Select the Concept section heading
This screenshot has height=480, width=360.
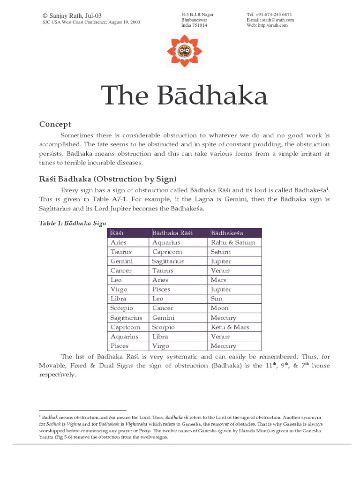click(55, 124)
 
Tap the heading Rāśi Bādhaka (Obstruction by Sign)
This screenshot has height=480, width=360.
click(107, 179)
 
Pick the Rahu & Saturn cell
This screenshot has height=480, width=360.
click(233, 242)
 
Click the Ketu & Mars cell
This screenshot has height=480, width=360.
click(230, 327)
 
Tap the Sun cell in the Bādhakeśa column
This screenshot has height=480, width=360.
click(217, 299)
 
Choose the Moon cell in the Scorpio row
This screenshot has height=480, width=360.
click(220, 308)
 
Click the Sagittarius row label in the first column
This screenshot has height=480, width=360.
click(126, 318)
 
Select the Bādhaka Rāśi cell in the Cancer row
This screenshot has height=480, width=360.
click(163, 270)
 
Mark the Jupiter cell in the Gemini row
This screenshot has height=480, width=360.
click(221, 261)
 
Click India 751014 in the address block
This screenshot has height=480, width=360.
click(194, 25)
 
